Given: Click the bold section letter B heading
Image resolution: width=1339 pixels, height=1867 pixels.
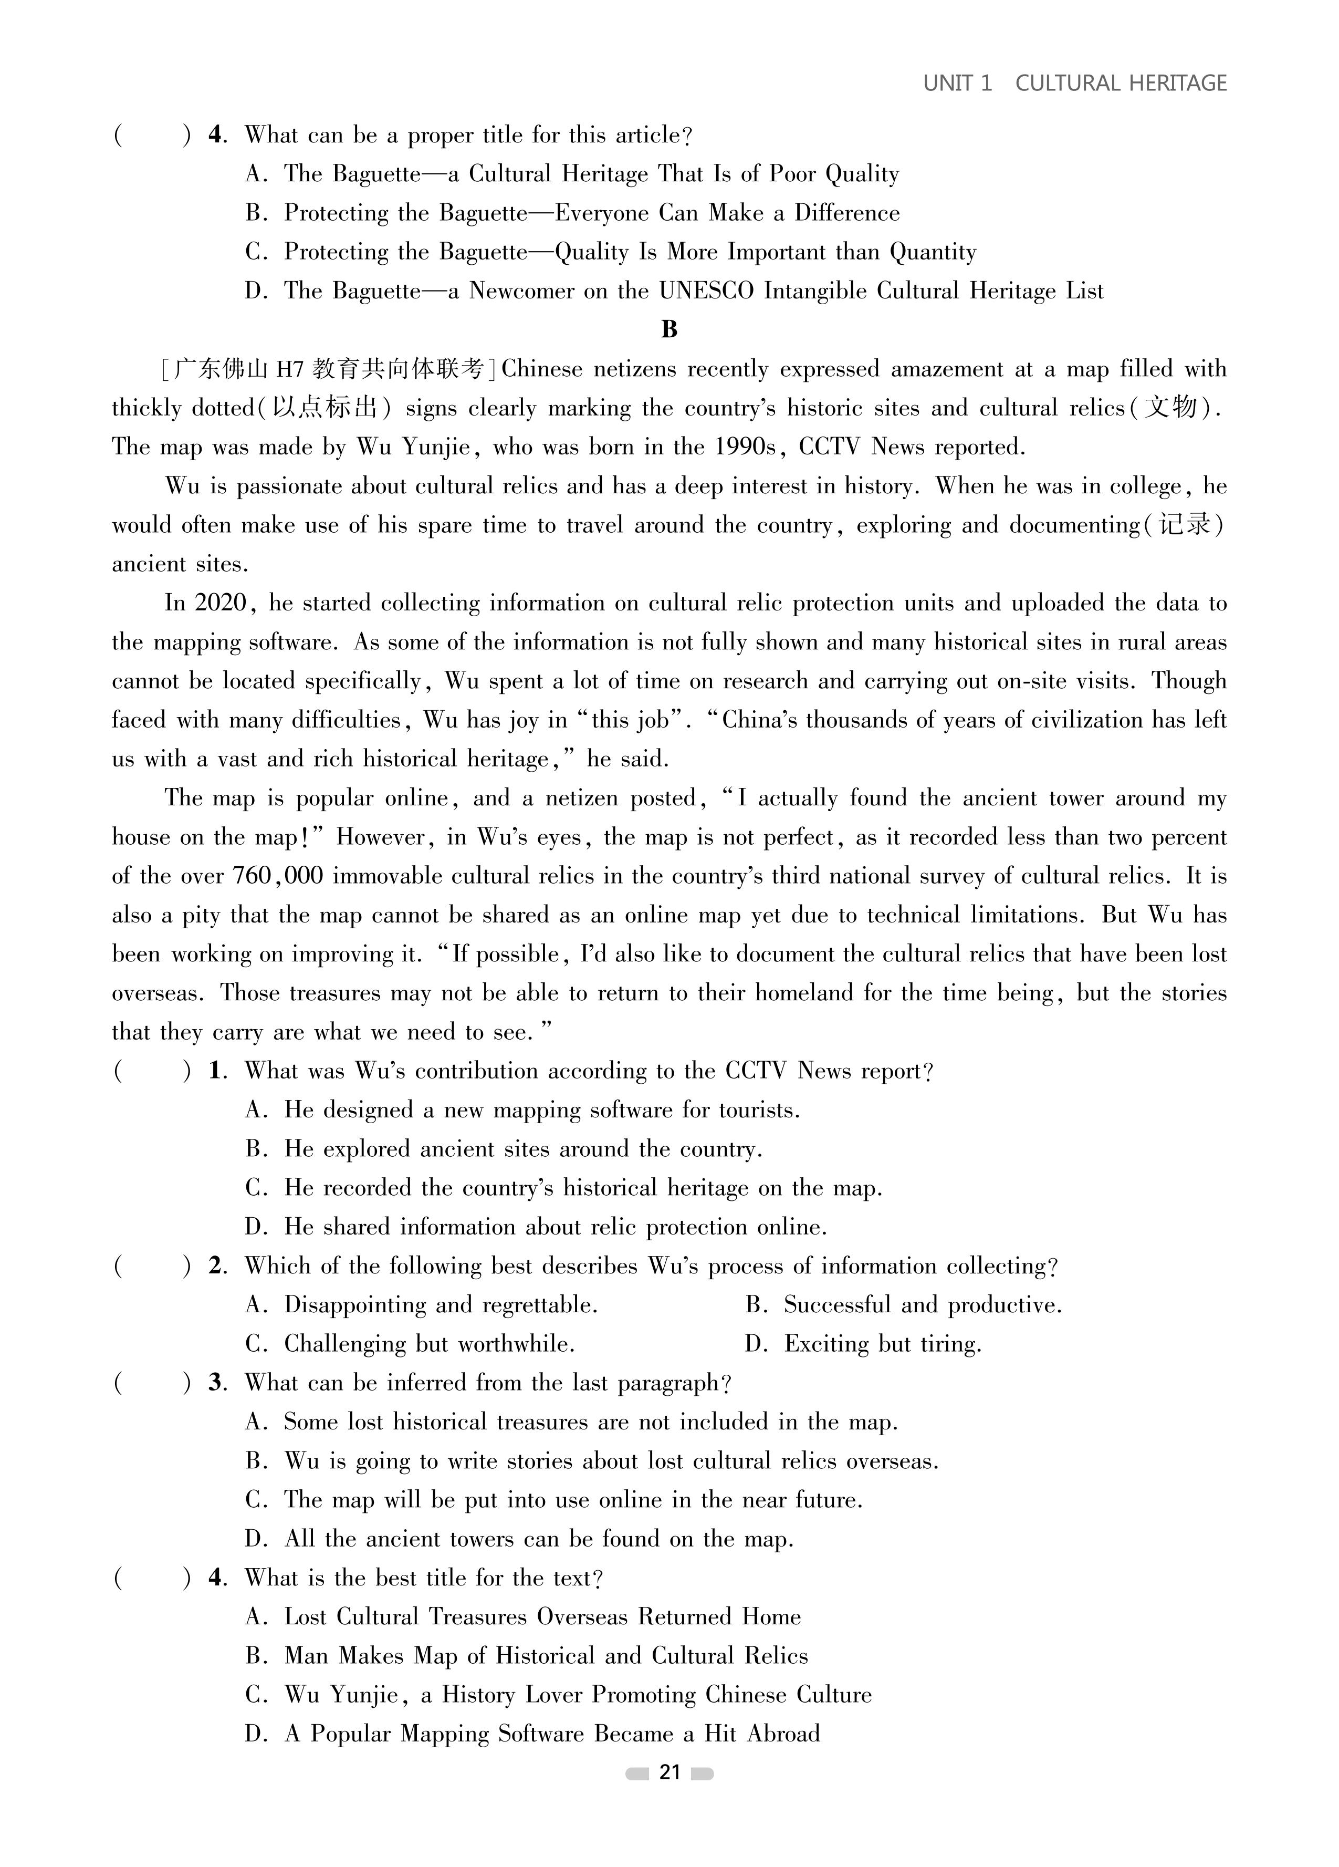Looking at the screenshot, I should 669,329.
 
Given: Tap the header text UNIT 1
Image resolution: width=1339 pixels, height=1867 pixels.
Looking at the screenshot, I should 957,83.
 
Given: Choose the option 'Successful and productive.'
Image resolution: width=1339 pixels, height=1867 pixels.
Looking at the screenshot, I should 922,1305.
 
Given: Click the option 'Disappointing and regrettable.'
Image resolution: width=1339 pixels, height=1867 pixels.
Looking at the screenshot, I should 441,1305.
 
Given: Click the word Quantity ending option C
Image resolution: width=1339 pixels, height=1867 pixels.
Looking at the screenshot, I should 933,252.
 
